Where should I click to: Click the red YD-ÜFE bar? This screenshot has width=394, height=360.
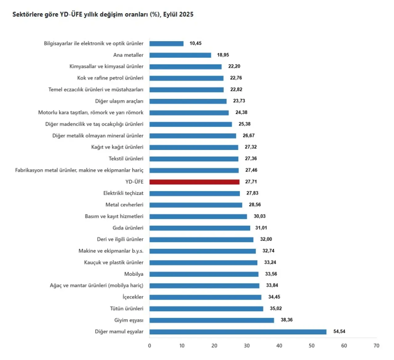[194, 182]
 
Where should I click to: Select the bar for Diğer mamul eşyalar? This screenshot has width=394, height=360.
[238, 332]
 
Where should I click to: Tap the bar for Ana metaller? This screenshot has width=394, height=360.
[180, 55]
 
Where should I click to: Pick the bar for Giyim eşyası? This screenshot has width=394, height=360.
[211, 320]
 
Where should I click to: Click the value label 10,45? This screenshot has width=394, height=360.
[195, 43]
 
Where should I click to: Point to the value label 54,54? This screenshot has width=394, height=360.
[339, 332]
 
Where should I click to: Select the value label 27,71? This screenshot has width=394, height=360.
[251, 182]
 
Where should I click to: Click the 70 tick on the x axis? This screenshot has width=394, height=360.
[376, 346]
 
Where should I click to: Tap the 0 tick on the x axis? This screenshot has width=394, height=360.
[150, 346]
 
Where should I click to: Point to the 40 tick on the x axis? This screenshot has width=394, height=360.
[279, 346]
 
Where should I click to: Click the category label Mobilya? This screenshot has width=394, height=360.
[134, 274]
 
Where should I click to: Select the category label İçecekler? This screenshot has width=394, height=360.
[133, 297]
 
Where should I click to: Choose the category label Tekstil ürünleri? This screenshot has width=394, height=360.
[126, 159]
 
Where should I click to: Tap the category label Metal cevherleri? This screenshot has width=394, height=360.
[124, 205]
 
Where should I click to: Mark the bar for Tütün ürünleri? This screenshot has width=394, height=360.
[206, 309]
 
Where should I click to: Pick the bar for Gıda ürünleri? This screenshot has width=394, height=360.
[200, 228]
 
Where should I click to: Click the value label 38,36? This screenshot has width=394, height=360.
[287, 320]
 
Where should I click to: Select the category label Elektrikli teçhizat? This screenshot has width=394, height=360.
[123, 193]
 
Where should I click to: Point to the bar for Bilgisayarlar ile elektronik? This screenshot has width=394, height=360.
[166, 44]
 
